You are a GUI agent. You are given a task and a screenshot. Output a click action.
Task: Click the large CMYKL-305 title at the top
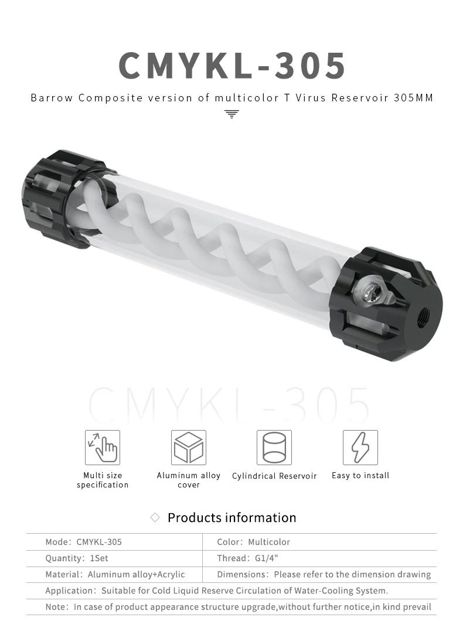[231, 66]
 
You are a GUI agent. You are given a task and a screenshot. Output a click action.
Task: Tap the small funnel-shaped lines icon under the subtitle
[231, 114]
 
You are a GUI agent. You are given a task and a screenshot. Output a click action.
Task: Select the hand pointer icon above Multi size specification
[103, 448]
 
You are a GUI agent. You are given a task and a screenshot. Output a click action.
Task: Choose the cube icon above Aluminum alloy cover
[189, 448]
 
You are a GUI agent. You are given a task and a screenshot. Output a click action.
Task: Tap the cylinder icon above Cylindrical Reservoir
[274, 448]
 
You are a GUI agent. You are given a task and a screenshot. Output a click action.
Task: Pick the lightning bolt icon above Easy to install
[360, 448]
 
